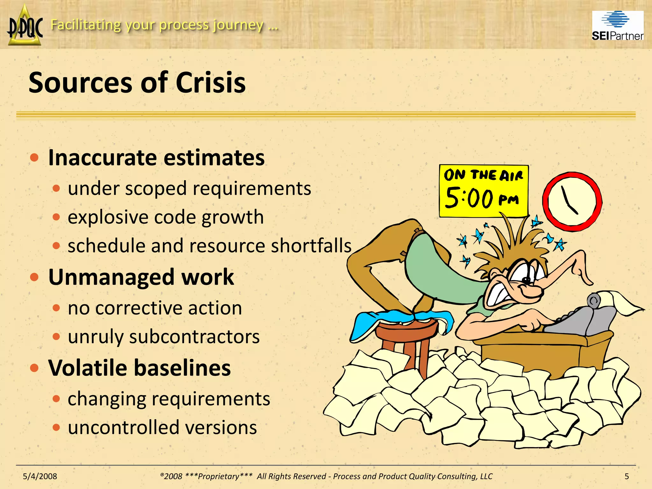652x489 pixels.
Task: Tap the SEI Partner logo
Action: coord(618,26)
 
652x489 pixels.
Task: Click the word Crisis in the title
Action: coord(210,83)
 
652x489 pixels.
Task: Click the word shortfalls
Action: coord(311,246)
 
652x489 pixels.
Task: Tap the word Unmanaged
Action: coord(111,277)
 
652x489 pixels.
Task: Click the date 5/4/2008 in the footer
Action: coord(40,476)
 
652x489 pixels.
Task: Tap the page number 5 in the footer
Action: coord(627,476)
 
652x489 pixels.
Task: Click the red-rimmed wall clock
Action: coord(572,202)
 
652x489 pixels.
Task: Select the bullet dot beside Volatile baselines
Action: coord(34,368)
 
